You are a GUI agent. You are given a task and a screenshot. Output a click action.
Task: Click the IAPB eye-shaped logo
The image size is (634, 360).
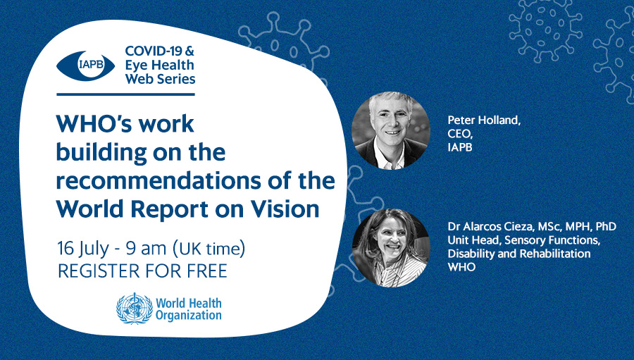tap(85, 66)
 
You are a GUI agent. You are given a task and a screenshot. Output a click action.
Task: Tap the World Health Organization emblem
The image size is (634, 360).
tap(135, 309)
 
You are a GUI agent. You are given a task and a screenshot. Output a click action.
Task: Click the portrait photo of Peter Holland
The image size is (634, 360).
tap(391, 130)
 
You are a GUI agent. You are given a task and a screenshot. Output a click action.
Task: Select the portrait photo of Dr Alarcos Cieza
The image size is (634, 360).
tap(391, 247)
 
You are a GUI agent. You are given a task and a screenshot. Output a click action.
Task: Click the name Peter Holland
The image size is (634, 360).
tap(484, 120)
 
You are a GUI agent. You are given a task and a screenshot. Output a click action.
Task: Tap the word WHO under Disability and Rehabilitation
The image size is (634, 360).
tap(461, 267)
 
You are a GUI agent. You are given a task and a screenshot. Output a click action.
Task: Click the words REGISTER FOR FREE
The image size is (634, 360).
tap(143, 271)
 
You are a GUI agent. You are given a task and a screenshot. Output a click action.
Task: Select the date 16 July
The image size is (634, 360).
tap(83, 249)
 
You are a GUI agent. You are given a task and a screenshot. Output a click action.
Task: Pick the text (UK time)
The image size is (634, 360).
tap(209, 249)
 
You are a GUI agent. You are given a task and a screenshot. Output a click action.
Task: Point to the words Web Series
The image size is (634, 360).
tap(160, 78)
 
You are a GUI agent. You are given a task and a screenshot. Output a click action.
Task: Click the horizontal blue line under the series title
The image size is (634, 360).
tap(126, 94)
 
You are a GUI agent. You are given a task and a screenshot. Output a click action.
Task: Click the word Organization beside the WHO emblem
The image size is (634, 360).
tap(189, 316)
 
